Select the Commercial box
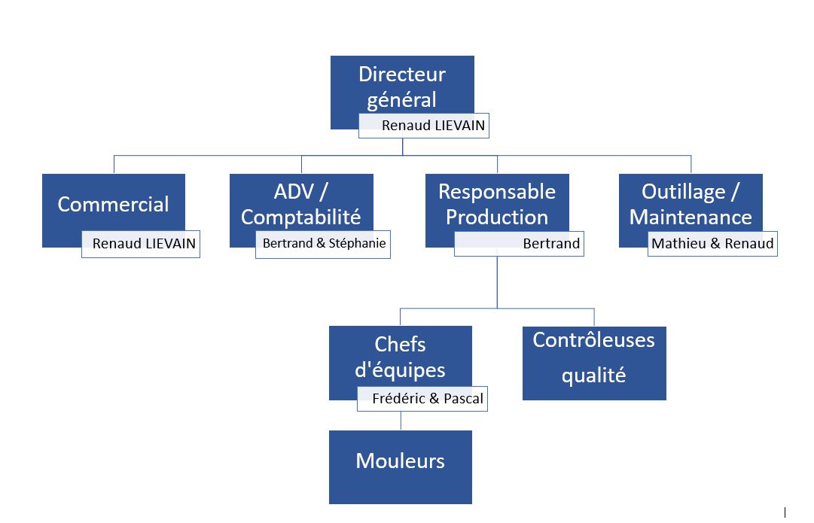pyautogui.click(x=113, y=203)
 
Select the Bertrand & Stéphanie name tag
pyautogui.click(x=324, y=244)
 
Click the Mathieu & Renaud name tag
pyautogui.click(x=712, y=244)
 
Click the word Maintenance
pyautogui.click(x=691, y=217)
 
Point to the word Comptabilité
pyautogui.click(x=300, y=217)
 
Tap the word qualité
pyautogui.click(x=593, y=376)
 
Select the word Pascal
pyautogui.click(x=463, y=399)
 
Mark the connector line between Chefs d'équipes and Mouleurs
pyautogui.click(x=400, y=421)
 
